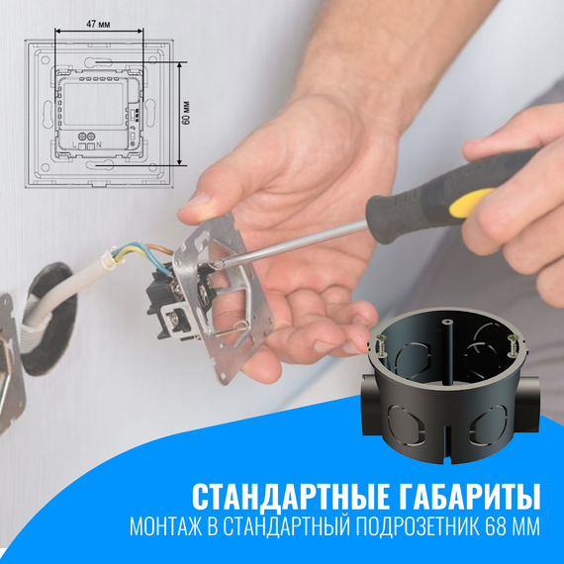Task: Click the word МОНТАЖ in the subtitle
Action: click(164, 526)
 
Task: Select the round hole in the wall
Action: click(45, 317)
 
